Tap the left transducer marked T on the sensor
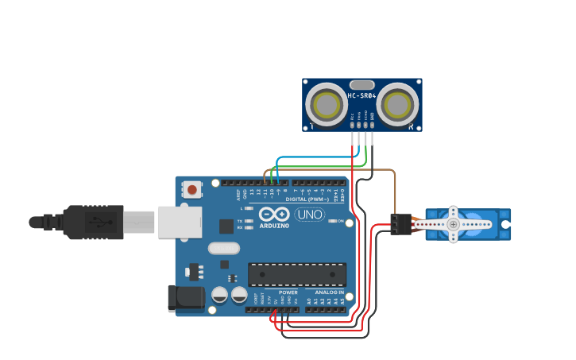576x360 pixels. [327, 104]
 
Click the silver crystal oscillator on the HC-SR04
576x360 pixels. [361, 84]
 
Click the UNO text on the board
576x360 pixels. [310, 215]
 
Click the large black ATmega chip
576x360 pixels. [297, 273]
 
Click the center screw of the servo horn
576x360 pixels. [453, 225]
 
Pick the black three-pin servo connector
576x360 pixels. [400, 224]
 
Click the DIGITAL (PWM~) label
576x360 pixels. [308, 199]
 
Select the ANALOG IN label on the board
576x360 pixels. [329, 292]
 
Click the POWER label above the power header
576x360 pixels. [288, 292]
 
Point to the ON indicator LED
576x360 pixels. [332, 221]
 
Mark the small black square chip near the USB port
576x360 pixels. [227, 226]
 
